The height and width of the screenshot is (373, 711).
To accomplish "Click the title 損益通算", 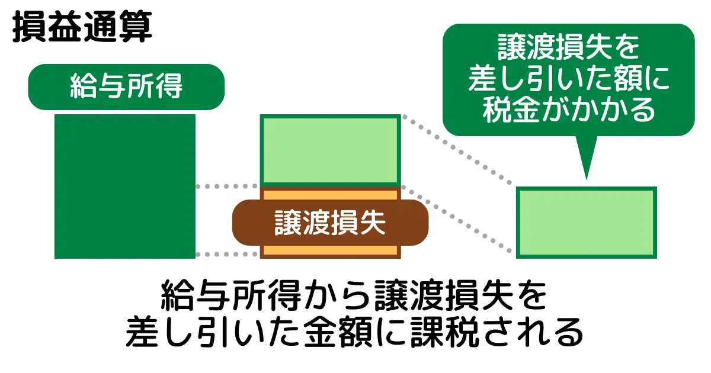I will [82, 27].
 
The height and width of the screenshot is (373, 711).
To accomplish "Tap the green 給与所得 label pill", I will [126, 87].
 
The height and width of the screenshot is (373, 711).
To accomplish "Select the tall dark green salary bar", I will [125, 186].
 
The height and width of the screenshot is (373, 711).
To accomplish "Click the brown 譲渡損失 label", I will [330, 223].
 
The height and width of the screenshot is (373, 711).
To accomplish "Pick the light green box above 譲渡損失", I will [330, 150].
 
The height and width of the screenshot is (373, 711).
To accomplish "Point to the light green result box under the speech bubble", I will [587, 222].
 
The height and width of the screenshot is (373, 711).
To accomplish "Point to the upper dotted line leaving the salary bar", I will [228, 186].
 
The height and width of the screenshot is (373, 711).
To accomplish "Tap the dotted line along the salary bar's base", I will [228, 255].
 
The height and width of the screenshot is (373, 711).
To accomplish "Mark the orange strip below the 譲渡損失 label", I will [330, 251].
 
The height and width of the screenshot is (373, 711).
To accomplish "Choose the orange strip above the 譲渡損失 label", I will [330, 194].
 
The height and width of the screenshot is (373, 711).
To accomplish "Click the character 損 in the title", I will [29, 27].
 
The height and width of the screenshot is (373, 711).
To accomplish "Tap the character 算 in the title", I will [135, 27].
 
